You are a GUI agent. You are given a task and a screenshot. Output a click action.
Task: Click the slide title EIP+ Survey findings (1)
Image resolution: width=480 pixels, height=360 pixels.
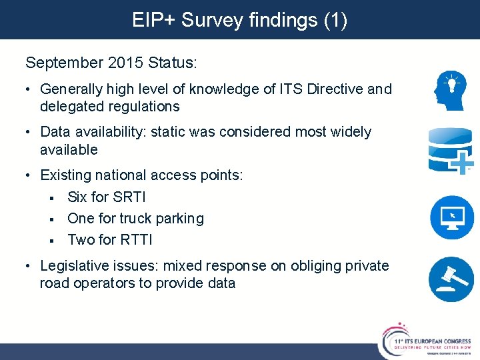click(240, 20)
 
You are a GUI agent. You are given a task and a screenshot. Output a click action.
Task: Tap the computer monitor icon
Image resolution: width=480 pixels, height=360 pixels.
click(452, 217)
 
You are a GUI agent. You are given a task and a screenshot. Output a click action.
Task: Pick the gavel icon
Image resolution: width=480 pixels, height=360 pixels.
click(452, 279)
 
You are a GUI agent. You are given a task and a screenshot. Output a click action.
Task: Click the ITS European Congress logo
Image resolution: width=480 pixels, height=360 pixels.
click(427, 340)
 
